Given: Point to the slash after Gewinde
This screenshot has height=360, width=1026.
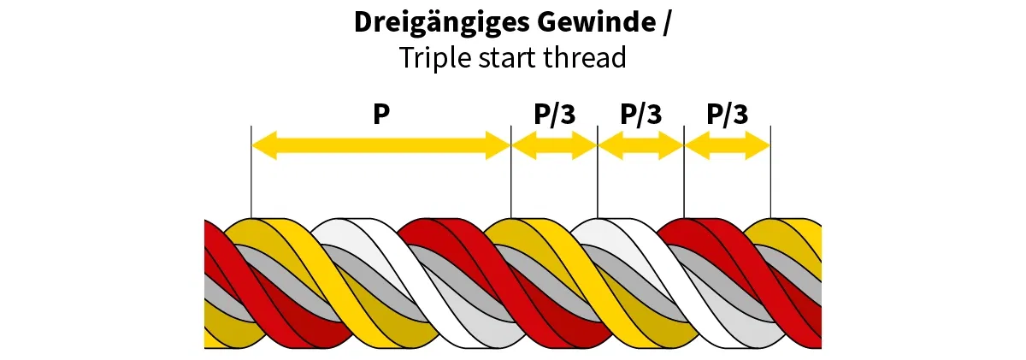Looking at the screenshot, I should (x=667, y=23).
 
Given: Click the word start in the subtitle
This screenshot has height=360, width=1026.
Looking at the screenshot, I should (x=504, y=58).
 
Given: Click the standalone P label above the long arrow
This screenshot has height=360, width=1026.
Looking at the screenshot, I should (x=381, y=115).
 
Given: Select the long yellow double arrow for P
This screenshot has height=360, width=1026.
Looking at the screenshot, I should (x=380, y=145).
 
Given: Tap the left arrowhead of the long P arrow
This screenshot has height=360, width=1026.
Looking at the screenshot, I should (x=263, y=145).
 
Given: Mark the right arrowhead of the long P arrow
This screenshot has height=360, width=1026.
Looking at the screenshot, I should (x=498, y=145).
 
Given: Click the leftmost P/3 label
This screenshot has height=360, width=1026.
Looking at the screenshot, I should (x=554, y=115).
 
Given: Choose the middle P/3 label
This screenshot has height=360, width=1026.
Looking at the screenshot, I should (x=640, y=115).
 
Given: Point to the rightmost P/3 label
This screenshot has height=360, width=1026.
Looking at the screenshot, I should (x=728, y=115).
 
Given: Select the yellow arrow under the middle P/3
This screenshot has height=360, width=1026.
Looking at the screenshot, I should (x=640, y=146).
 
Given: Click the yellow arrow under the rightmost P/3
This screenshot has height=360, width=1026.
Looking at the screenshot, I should (x=728, y=146).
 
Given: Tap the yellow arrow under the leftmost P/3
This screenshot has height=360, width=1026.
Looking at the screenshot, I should (x=554, y=146).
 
